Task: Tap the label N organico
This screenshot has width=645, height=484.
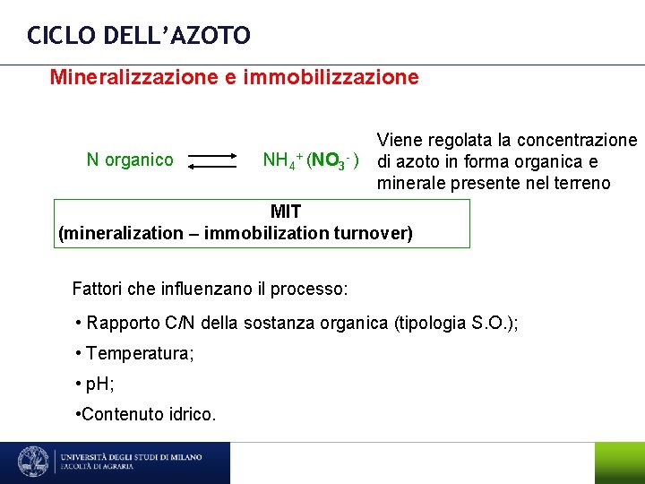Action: [130, 160]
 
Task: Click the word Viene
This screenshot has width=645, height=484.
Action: [400, 140]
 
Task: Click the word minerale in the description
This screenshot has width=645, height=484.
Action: [410, 184]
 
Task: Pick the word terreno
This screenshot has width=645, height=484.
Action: [580, 184]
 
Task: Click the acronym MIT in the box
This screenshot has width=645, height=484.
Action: [286, 212]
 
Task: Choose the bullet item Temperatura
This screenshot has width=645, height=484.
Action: [139, 353]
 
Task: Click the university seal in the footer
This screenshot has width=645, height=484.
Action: [35, 462]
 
